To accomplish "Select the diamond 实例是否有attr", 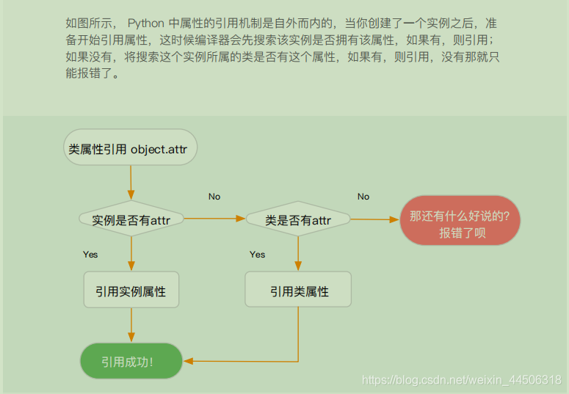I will pyautogui.click(x=131, y=219).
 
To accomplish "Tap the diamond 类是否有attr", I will pyautogui.click(x=297, y=219).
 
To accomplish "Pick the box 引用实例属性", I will pyautogui.click(x=131, y=291).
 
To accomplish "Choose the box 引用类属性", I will pyautogui.click(x=297, y=291).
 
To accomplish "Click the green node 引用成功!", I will pyautogui.click(x=131, y=361).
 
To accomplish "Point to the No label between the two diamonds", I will pyautogui.click(x=214, y=197).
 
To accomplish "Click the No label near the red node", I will pyautogui.click(x=363, y=197).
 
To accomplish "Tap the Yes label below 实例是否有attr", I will pyautogui.click(x=90, y=255).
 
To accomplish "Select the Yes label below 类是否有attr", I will pyautogui.click(x=257, y=255).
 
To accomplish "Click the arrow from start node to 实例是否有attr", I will pyautogui.click(x=131, y=183).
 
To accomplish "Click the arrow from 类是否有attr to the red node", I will pyautogui.click(x=374, y=219).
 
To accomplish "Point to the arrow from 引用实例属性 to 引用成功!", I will pyautogui.click(x=131, y=325).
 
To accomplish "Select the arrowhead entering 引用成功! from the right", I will pyautogui.click(x=188, y=361).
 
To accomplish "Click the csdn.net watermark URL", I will pyautogui.click(x=462, y=379).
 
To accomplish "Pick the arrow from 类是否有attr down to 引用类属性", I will pyautogui.click(x=297, y=254).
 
